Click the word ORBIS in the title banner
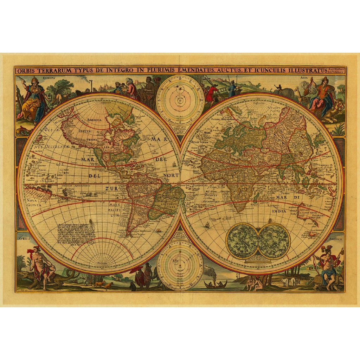27,71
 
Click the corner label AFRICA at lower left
24,239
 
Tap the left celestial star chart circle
242,241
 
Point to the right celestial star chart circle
273,241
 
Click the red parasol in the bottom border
137,270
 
